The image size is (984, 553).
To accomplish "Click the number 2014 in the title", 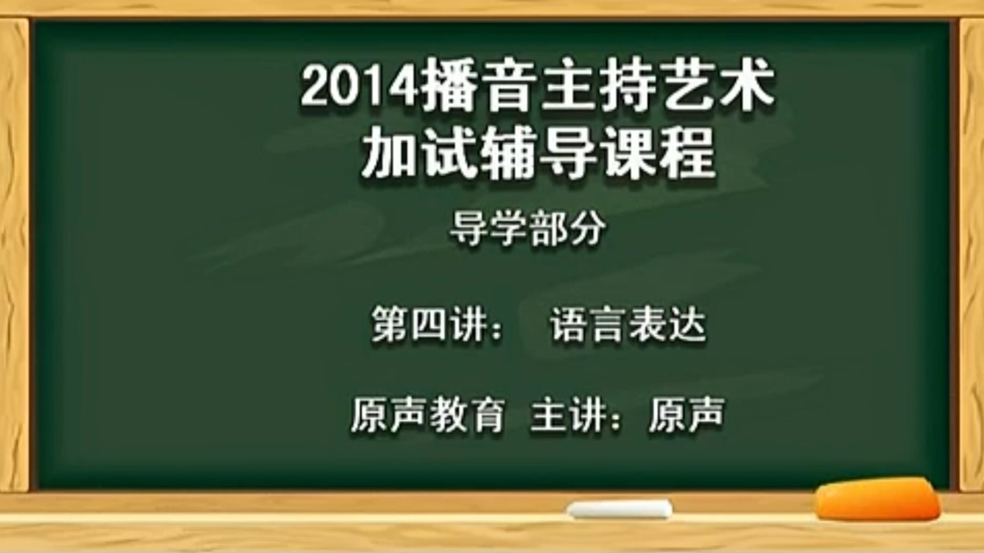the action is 359,87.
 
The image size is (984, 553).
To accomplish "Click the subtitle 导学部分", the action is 528,229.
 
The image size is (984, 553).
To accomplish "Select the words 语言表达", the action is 628,324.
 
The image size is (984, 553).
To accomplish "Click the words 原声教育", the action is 428,414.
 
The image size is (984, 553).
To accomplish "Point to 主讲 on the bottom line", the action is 568,414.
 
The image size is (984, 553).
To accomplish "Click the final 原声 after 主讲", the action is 687,414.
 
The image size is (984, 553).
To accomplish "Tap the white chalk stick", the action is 620,510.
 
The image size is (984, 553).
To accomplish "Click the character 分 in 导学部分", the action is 587,229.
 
